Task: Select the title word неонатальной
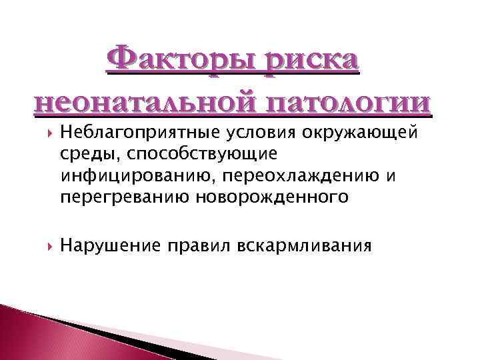146,104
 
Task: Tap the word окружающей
360,133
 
